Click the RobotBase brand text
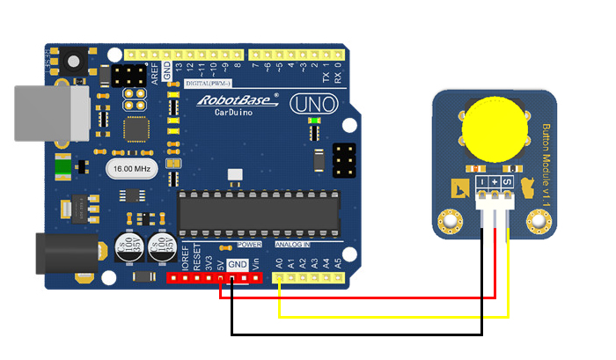[x=235, y=100]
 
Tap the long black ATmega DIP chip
[x=258, y=211]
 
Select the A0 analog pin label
[x=279, y=262]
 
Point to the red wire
[x=370, y=298]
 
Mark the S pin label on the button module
[x=508, y=181]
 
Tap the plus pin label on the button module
[x=495, y=181]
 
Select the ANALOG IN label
[x=292, y=244]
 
